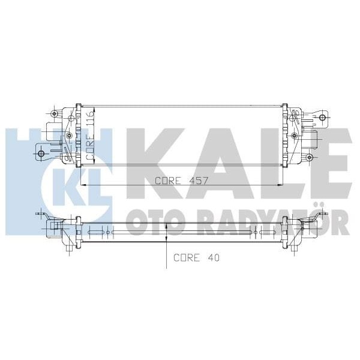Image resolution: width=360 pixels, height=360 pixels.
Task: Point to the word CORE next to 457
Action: pos(169,181)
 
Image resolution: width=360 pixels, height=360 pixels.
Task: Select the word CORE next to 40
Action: pos(186,258)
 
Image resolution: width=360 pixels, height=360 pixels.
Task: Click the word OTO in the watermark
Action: pos(143,223)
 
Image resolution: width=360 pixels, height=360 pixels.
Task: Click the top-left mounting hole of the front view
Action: pos(55,113)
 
